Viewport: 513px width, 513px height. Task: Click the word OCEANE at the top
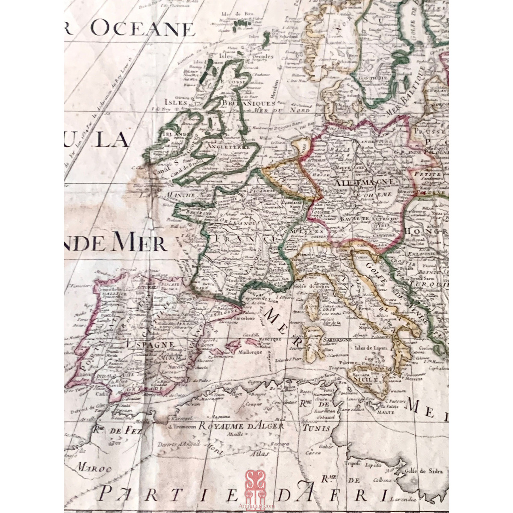tap(142, 29)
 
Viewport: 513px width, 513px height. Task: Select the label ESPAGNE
tap(150, 344)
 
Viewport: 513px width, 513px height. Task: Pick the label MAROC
tap(90, 468)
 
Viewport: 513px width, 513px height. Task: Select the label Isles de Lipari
tap(371, 348)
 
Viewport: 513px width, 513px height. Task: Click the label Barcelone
tap(243, 318)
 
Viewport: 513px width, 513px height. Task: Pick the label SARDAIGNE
tap(337, 339)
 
